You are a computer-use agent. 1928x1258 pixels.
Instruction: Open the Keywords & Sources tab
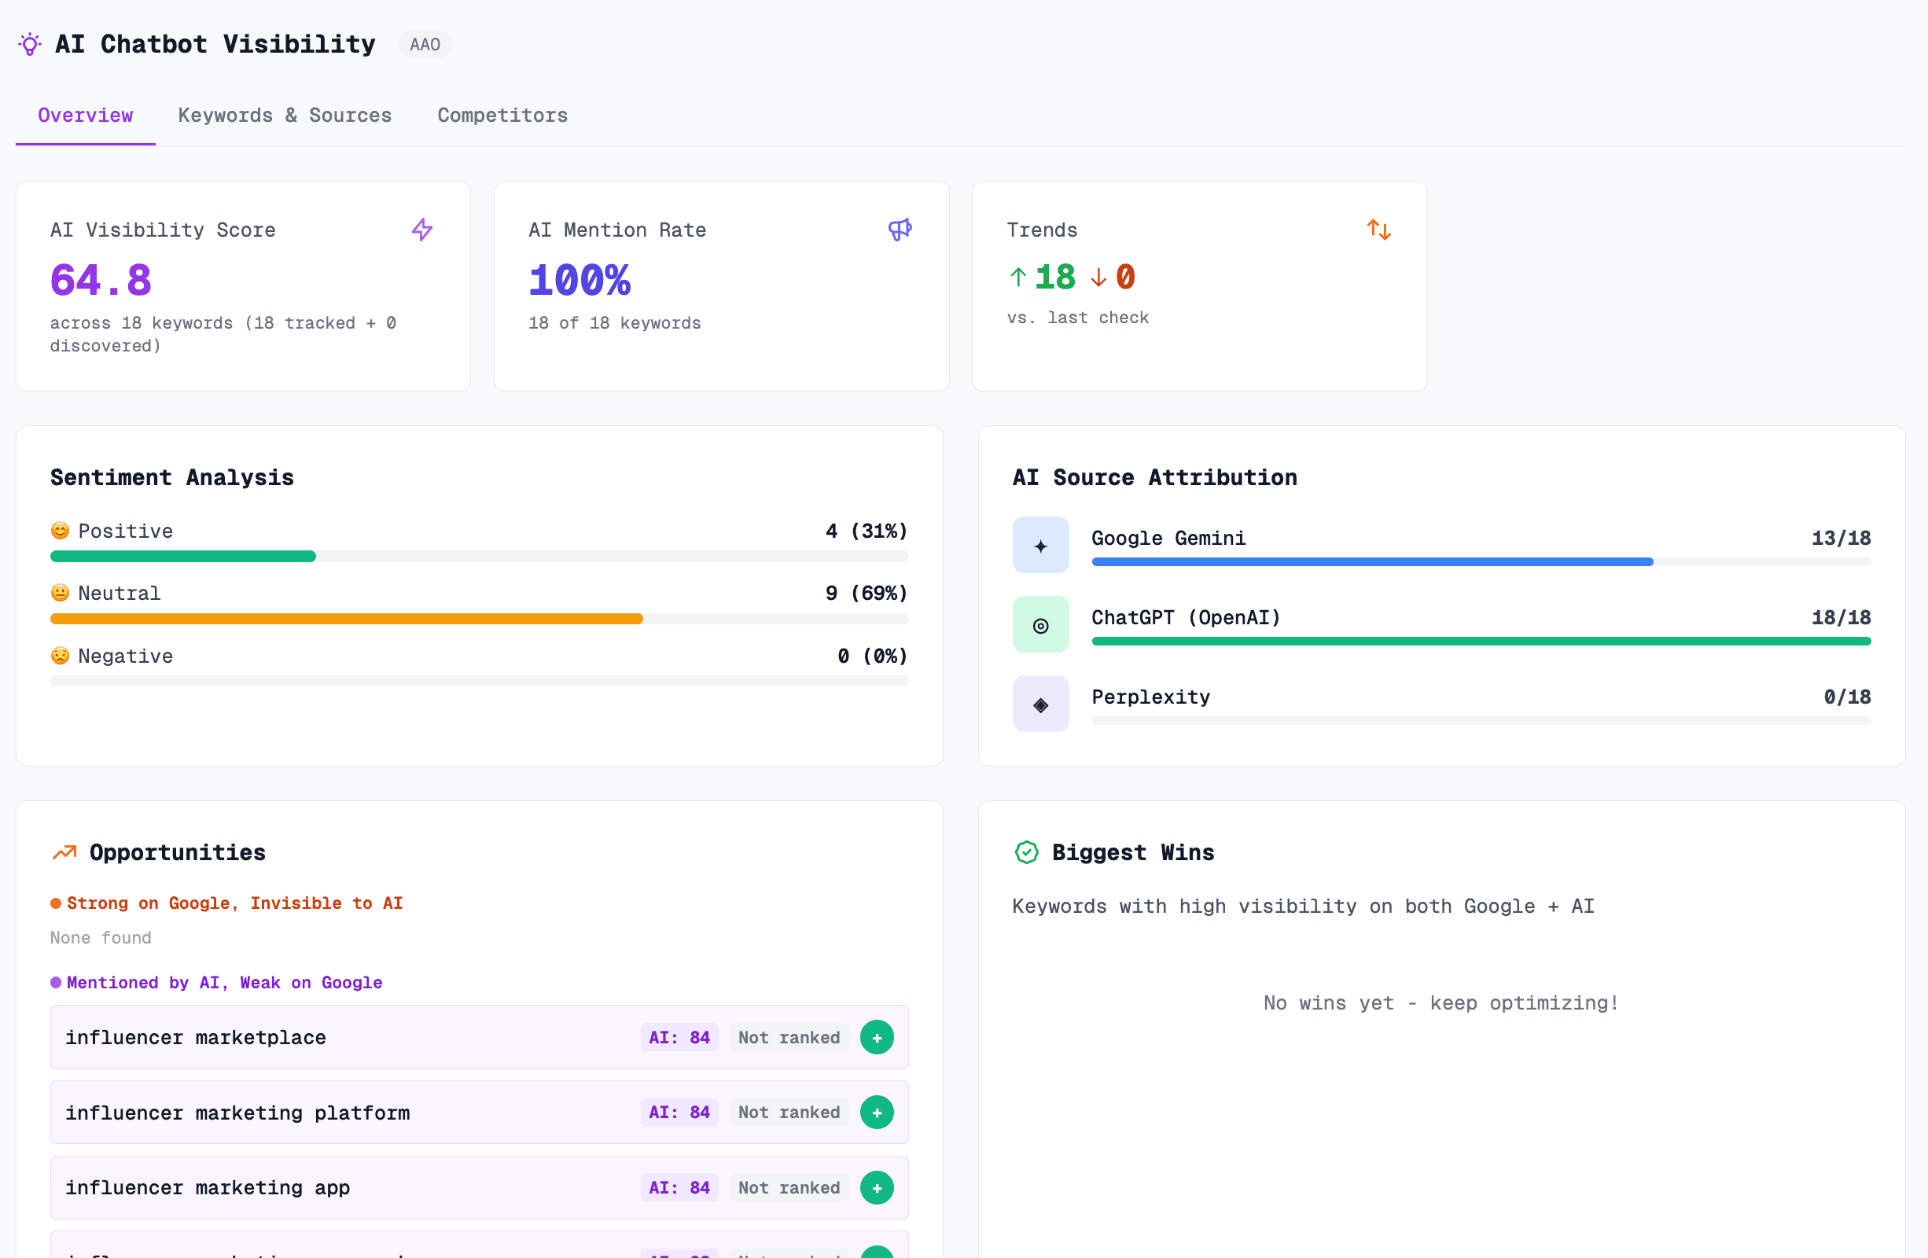click(285, 115)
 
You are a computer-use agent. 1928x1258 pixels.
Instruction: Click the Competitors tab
click(502, 115)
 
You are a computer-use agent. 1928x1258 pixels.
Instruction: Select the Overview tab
click(85, 115)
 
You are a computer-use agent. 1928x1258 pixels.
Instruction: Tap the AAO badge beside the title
click(425, 45)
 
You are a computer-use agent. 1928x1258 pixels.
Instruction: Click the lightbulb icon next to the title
click(30, 45)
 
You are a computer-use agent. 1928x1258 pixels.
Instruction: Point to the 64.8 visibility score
click(101, 280)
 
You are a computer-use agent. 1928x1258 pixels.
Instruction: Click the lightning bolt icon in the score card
click(422, 230)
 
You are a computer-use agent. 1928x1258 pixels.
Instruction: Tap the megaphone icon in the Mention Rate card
click(900, 230)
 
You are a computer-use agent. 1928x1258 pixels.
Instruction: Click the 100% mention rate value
click(580, 280)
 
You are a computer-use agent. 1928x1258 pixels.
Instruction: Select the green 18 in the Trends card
click(1054, 277)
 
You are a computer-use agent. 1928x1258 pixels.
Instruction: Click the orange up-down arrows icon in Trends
click(1378, 230)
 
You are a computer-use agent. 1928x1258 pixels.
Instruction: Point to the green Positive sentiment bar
click(183, 557)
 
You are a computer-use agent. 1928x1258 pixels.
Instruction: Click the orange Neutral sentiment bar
click(347, 619)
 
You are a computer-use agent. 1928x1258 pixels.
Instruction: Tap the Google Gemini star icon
click(1040, 545)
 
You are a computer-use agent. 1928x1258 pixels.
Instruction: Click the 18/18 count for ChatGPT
click(1841, 617)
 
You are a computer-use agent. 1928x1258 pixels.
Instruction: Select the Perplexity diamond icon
click(1040, 704)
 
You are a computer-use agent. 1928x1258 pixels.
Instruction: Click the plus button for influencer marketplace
click(877, 1037)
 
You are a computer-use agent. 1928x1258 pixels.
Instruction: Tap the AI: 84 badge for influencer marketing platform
click(679, 1113)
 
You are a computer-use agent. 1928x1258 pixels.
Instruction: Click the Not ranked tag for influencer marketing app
click(788, 1187)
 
